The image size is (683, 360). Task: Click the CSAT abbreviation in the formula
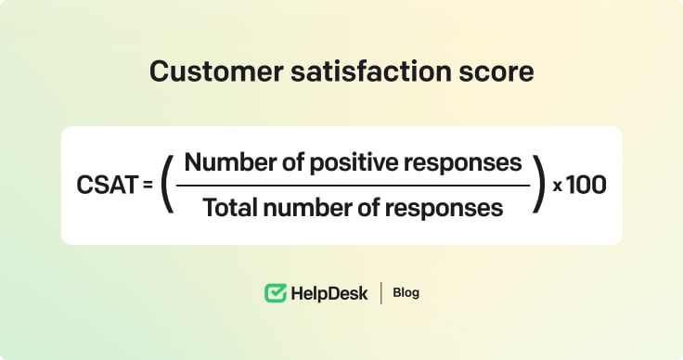coord(106,185)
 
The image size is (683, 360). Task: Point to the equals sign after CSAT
coord(148,186)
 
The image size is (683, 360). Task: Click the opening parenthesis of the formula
coord(167,185)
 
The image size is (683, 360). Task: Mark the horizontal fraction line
coord(353,185)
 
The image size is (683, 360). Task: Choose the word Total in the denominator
coord(227,207)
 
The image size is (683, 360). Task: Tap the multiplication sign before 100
coord(558,186)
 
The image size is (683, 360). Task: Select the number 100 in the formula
coord(586,185)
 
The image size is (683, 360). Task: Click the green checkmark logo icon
coord(275,293)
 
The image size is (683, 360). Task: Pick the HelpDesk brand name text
coord(329,293)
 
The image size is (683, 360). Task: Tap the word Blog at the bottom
coord(406,293)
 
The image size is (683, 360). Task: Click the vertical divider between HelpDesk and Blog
coord(380,293)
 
